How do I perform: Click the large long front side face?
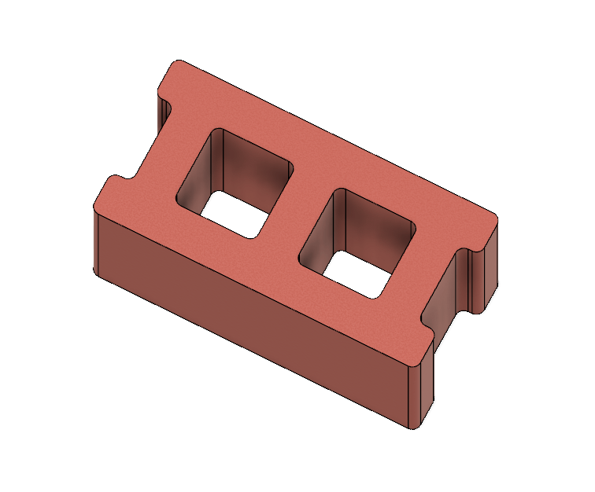252,314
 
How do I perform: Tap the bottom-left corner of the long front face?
96,271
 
